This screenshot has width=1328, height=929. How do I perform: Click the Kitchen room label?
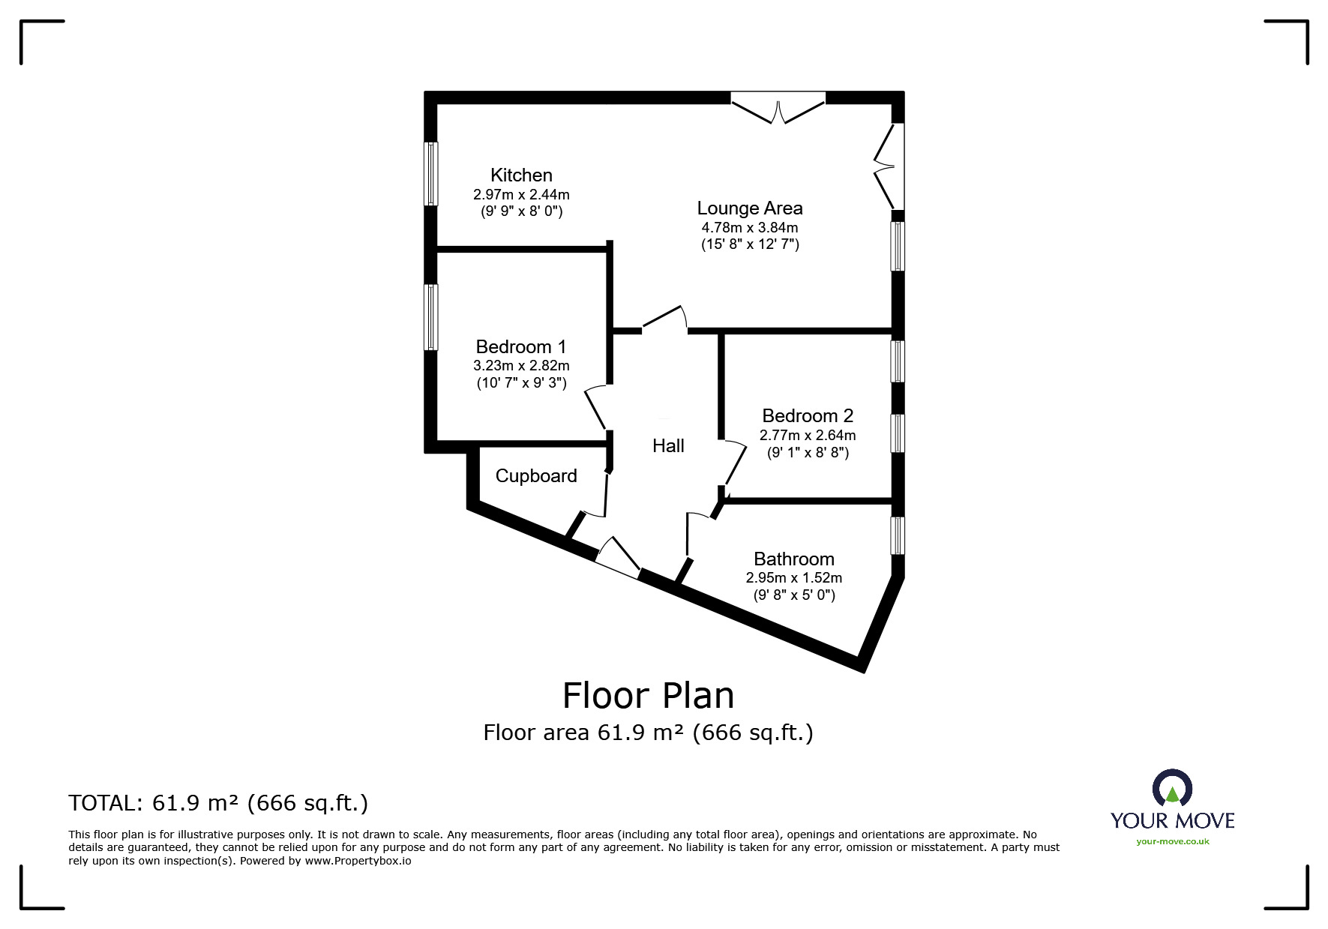[x=521, y=175]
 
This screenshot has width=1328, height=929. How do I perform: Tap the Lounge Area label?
[x=750, y=208]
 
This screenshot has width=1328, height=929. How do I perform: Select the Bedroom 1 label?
[x=521, y=347]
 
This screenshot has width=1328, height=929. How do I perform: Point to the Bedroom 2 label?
[x=808, y=416]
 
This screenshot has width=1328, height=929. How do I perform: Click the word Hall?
[x=668, y=446]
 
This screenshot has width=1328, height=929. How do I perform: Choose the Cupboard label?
[x=536, y=476]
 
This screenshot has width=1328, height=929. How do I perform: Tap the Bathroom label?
[x=794, y=559]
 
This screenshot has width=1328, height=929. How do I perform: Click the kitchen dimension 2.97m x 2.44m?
[x=521, y=195]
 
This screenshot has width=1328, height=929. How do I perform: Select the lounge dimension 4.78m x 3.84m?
[x=750, y=228]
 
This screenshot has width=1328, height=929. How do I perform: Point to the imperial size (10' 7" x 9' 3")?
[x=521, y=384]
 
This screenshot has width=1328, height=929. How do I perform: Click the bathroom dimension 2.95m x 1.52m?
[x=794, y=578]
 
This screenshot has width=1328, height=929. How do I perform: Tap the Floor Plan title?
[x=649, y=696]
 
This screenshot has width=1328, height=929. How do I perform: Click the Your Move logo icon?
[x=1172, y=789]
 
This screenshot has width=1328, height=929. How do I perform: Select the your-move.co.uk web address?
[x=1173, y=842]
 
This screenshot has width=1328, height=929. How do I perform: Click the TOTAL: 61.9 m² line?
[x=218, y=804]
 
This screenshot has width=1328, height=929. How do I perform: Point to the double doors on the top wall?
[x=778, y=107]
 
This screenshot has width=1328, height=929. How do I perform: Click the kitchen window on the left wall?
[x=431, y=173]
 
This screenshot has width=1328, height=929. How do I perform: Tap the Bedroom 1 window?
[x=431, y=317]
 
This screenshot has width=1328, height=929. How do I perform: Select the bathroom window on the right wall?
[x=898, y=535]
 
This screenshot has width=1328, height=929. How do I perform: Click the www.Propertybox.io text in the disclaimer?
[x=358, y=862]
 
